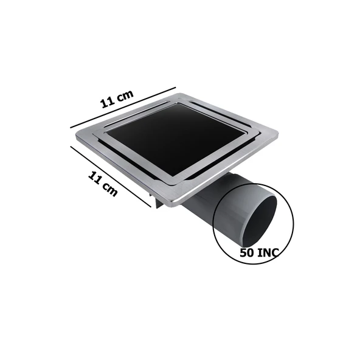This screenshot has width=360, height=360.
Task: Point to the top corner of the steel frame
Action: (x=182, y=94)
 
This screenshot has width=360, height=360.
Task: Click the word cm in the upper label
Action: (x=126, y=95)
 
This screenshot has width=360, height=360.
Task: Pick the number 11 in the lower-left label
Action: (x=95, y=178)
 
